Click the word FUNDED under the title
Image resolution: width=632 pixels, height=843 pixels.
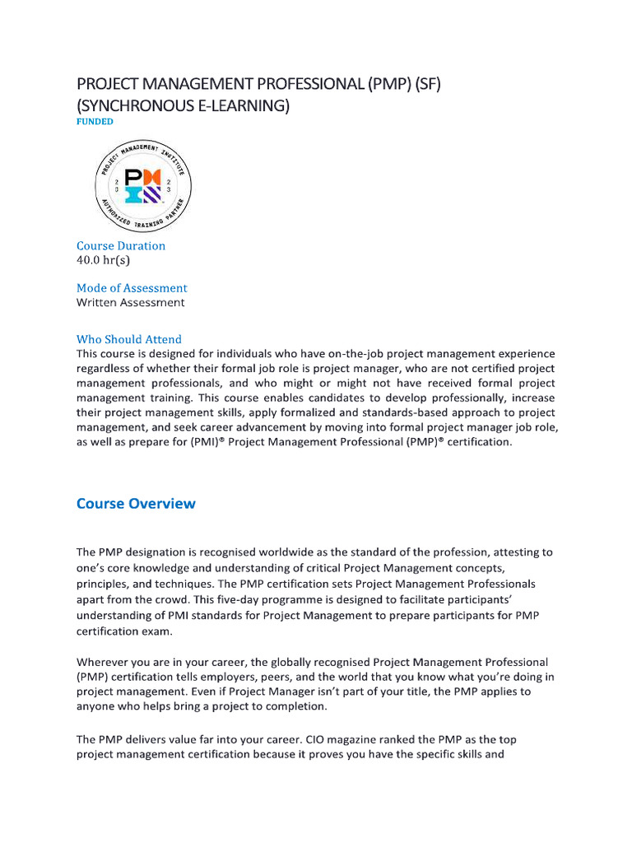click(95, 121)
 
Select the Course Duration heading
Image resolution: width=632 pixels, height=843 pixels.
click(121, 245)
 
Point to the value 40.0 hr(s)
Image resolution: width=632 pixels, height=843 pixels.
click(103, 260)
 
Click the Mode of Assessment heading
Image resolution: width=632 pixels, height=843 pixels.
click(132, 288)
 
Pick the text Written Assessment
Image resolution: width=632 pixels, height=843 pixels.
click(131, 302)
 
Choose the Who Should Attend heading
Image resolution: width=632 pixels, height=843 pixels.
click(129, 339)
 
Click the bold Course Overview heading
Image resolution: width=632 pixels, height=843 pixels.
click(136, 504)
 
